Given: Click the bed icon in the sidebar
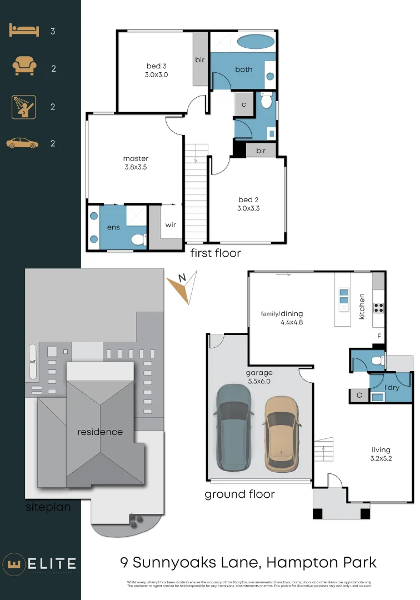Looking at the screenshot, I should tap(24, 31).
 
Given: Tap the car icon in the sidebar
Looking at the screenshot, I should tap(22, 143).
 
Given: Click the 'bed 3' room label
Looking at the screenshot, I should tap(157, 67).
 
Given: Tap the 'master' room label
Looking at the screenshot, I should tap(136, 159).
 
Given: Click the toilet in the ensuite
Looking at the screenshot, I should tap(137, 239).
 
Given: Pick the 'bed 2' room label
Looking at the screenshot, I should tap(249, 199).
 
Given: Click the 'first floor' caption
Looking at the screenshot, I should tap(216, 253).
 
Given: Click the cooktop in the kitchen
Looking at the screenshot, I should tap(379, 308).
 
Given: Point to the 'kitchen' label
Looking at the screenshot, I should tap(362, 306).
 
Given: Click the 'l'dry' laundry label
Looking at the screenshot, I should tap(392, 387).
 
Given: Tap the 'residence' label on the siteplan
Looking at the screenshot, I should tap(100, 432).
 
